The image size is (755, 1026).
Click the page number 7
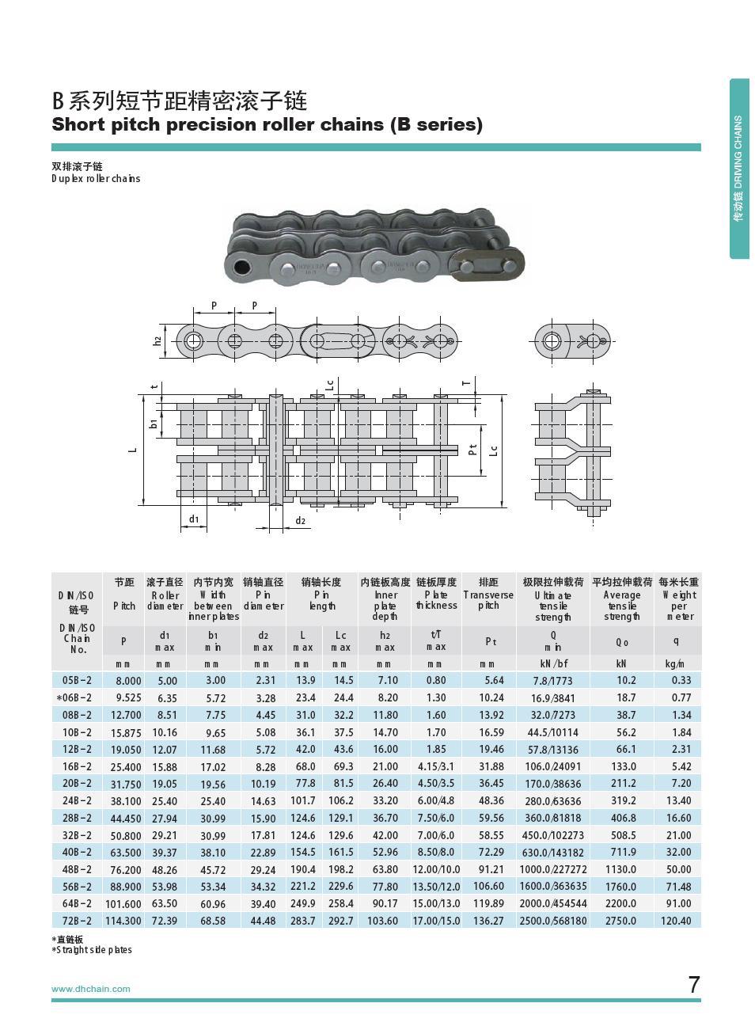pyautogui.click(x=693, y=985)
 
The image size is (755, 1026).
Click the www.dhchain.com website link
pyautogui.click(x=90, y=989)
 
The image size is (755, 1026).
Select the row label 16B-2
pyautogui.click(x=77, y=766)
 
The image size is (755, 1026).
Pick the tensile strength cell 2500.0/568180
pyautogui.click(x=553, y=921)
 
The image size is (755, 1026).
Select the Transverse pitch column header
pyautogui.click(x=488, y=595)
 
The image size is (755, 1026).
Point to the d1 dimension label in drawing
pyautogui.click(x=194, y=519)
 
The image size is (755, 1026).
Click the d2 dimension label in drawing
pyautogui.click(x=300, y=520)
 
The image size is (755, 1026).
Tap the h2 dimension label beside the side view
pyautogui.click(x=157, y=340)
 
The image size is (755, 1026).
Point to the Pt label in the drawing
pyautogui.click(x=472, y=450)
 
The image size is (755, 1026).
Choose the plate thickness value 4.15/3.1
pyautogui.click(x=436, y=766)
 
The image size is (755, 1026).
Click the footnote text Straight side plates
pyautogui.click(x=94, y=950)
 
